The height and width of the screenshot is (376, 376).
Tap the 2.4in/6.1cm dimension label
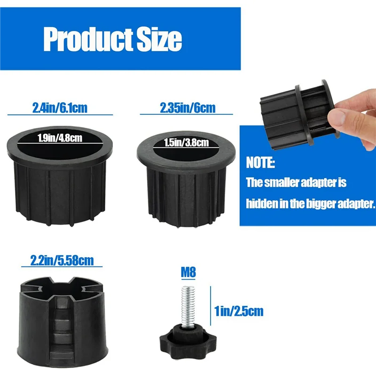pos(60,108)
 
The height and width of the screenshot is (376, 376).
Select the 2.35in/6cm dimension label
pos(188,108)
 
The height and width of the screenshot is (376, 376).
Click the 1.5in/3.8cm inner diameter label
pos(187,143)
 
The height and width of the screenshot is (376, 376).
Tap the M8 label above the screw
pos(188,272)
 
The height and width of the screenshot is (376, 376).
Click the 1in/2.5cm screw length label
pos(239,310)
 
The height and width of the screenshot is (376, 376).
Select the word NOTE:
pos(260,163)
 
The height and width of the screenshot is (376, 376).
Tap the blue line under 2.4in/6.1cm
pos(60,115)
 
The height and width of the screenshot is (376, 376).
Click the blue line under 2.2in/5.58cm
pos(61,266)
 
